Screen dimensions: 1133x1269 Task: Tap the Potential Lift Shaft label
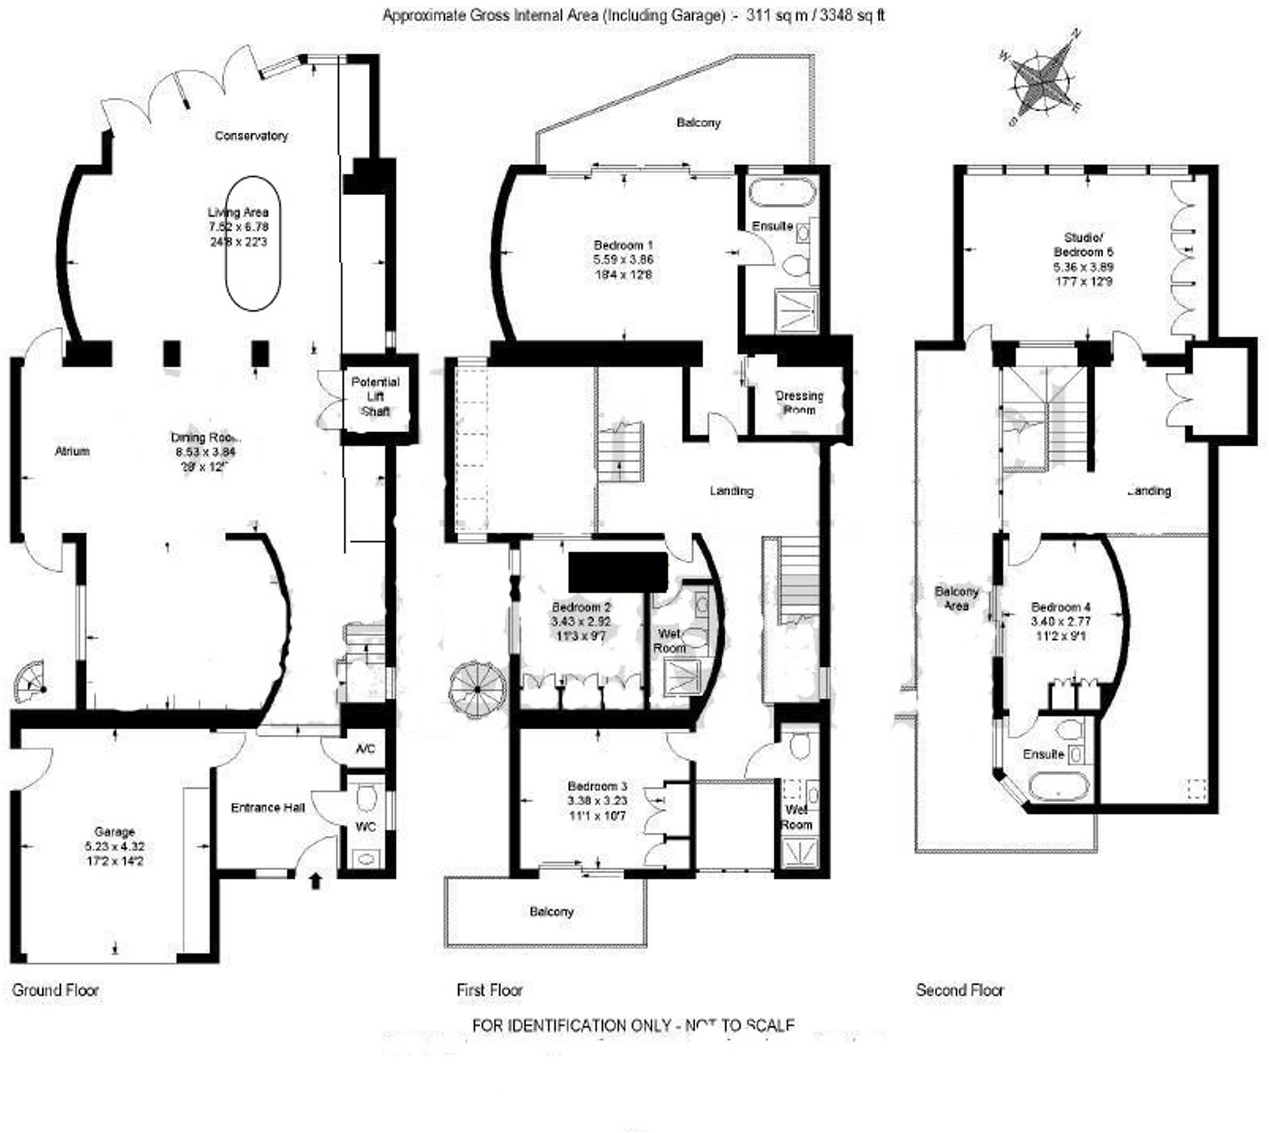(x=376, y=396)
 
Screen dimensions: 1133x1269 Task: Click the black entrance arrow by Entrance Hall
(x=316, y=880)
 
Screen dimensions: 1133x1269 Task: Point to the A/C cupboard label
(x=366, y=749)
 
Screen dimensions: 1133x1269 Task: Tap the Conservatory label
(x=251, y=136)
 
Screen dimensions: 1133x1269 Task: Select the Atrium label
(x=72, y=451)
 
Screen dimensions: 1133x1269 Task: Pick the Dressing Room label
(x=799, y=402)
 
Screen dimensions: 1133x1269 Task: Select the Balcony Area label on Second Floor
(x=957, y=598)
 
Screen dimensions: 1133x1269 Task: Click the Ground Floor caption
(x=56, y=990)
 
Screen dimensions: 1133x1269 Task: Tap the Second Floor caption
(x=960, y=990)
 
